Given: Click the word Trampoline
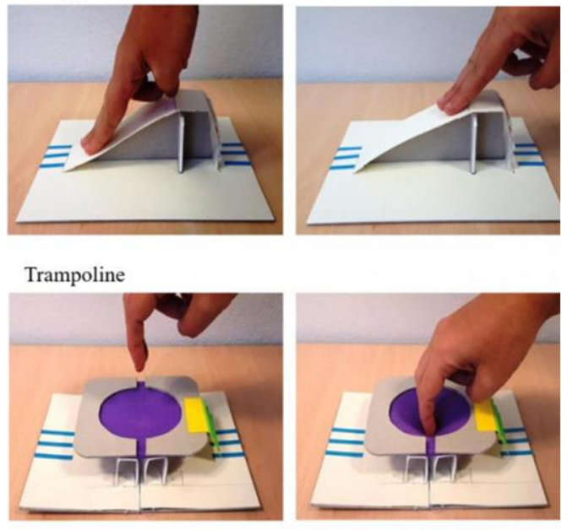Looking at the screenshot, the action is coord(75,274).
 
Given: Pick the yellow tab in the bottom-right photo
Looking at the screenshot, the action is coord(487,414).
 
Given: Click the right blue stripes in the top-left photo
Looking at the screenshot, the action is coord(232,154).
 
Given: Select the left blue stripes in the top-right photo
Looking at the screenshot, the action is coord(345,158).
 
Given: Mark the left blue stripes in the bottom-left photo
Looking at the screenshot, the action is coord(54,444).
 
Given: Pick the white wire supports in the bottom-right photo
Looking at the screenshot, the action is coord(430,471).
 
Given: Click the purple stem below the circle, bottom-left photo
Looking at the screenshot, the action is coord(141,448).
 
